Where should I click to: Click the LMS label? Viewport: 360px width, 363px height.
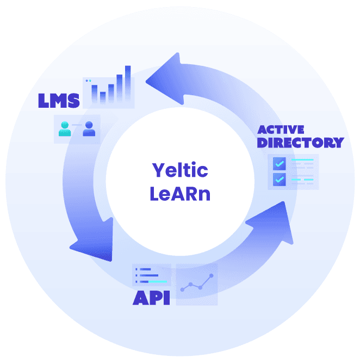[59, 100]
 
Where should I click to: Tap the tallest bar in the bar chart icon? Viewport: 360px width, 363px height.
[128, 84]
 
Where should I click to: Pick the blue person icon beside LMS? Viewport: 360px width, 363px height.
[89, 129]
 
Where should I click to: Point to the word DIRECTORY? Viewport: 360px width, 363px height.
[300, 143]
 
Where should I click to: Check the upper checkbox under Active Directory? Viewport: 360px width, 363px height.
[280, 163]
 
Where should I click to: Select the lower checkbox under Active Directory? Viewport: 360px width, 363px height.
[280, 179]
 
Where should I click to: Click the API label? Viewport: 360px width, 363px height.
[151, 298]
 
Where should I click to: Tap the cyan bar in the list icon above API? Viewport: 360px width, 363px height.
[158, 282]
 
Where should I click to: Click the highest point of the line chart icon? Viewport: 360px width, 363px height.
[211, 276]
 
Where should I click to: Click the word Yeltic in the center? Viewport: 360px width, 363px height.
[179, 170]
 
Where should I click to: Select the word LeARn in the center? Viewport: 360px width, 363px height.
[179, 193]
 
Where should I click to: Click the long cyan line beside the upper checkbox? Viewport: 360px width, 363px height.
[302, 160]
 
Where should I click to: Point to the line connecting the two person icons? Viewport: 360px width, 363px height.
[77, 125]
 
